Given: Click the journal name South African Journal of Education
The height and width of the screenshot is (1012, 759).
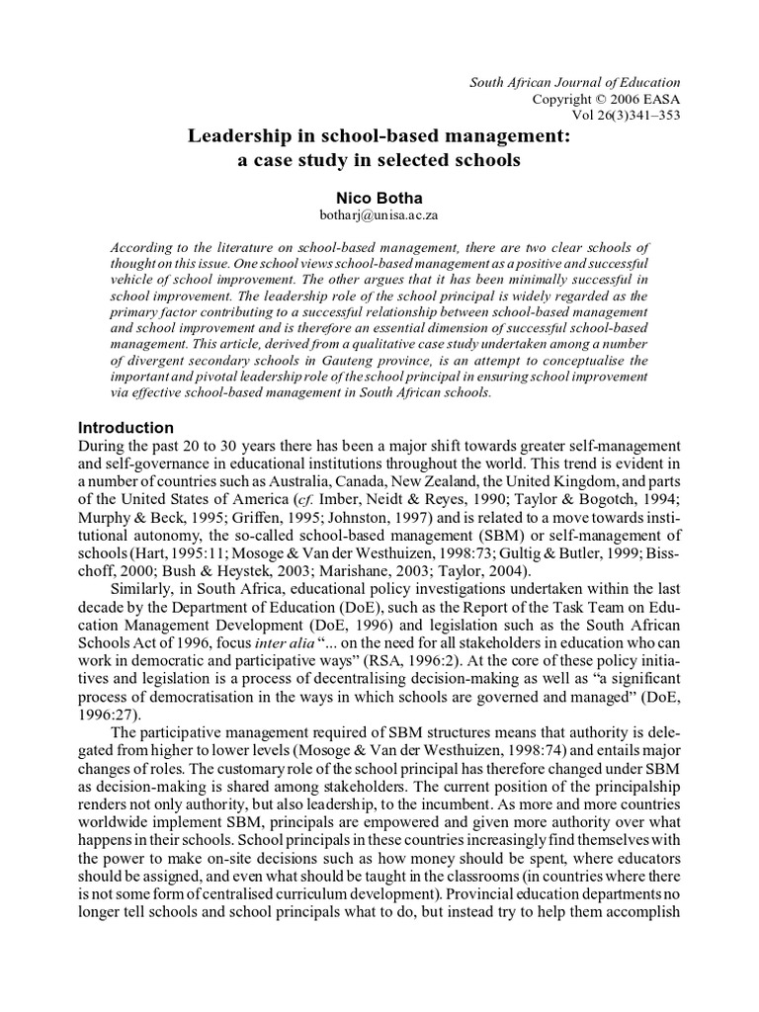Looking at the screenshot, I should coord(574,82).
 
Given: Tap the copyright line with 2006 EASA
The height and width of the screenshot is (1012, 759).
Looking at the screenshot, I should coord(606,99).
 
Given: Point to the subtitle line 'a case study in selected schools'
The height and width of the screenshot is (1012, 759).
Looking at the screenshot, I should coord(379,159).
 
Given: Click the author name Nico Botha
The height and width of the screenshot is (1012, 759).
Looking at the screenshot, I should coord(379,198).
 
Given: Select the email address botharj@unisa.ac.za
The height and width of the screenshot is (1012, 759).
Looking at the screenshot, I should coord(379,214).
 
